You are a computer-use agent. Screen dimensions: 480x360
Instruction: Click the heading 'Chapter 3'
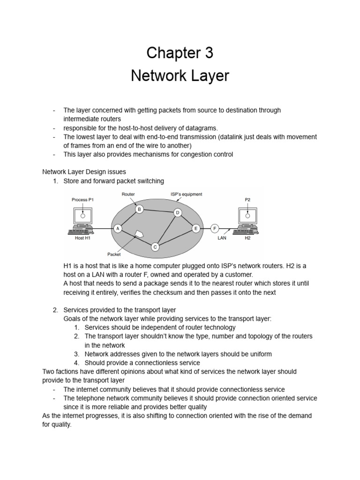tap(180, 53)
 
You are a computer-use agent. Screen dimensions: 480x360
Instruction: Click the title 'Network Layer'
tap(180, 76)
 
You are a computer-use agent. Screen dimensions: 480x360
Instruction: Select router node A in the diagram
tap(117, 228)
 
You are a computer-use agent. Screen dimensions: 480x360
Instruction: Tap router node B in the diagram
tap(139, 210)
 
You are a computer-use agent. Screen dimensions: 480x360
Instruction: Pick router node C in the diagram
tap(155, 247)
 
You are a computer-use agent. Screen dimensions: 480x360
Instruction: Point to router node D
tap(178, 213)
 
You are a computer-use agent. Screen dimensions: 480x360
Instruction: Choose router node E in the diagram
tap(196, 228)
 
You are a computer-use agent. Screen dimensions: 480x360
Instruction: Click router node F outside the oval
tap(215, 228)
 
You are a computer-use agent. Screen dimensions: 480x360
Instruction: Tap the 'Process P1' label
tap(82, 200)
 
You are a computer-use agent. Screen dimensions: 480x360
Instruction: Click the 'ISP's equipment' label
tap(187, 194)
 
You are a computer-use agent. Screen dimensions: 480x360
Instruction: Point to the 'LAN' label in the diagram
tap(222, 238)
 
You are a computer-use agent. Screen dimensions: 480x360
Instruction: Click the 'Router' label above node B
tap(128, 194)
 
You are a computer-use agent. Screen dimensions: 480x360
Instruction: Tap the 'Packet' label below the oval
tap(114, 254)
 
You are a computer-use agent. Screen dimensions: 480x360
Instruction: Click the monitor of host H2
tap(247, 216)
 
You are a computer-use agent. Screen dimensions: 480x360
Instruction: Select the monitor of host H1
tap(82, 216)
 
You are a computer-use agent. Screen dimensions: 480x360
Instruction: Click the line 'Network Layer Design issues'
tap(84, 172)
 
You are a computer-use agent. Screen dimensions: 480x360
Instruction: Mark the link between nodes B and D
tap(158, 211)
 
